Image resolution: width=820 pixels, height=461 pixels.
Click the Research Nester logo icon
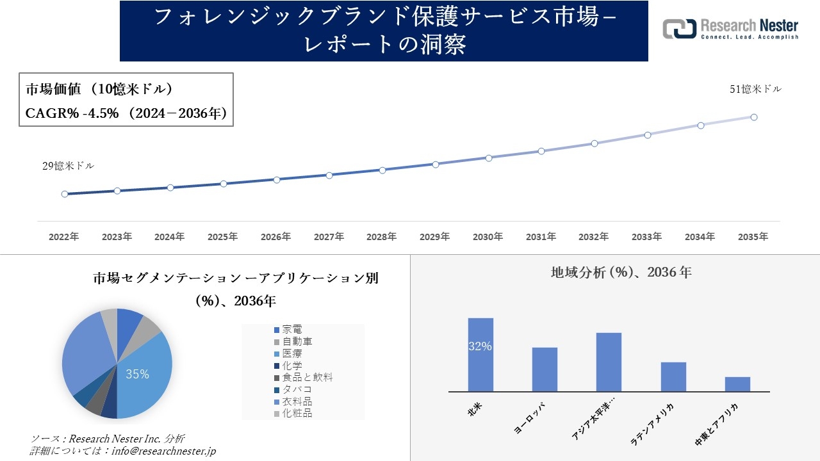coord(679,29)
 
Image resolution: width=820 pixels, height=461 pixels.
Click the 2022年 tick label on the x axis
coord(64,237)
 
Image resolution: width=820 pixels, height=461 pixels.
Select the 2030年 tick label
coord(488,237)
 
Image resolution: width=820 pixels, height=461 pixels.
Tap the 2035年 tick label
coord(753,237)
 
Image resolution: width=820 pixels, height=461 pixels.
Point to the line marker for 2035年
coord(754,117)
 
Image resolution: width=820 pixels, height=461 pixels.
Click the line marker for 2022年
coord(65,194)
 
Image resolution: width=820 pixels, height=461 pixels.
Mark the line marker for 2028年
coord(382,170)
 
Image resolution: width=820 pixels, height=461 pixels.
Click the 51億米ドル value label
coord(755,90)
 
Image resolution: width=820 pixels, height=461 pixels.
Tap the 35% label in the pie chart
coord(137,375)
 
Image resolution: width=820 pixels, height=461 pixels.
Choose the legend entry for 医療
coord(293,353)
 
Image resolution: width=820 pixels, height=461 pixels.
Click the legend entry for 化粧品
coord(297,414)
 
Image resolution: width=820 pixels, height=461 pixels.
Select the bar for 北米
coord(480,355)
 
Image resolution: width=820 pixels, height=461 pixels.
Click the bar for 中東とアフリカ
coord(737,384)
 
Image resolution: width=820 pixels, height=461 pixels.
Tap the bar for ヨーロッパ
coord(545,369)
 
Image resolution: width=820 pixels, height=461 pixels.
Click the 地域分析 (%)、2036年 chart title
coord(621,272)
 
